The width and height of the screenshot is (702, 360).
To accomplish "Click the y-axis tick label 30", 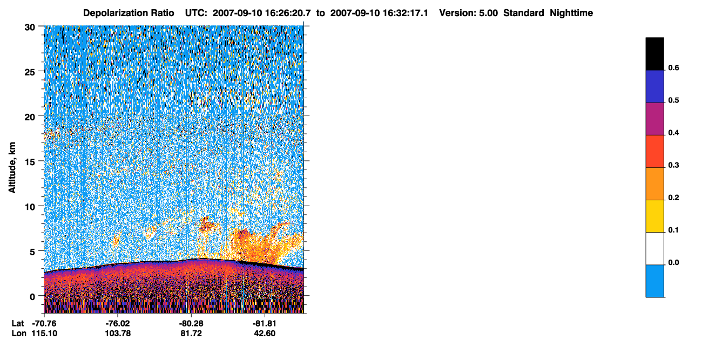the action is tap(30, 28).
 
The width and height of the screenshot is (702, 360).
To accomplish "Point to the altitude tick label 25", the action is tap(30, 72).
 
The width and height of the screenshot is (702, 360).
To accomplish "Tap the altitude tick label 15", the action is tap(30, 162).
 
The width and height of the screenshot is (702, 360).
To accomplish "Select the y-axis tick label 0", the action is tap(32, 297).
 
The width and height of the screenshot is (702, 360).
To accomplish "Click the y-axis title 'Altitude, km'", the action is tap(12, 167).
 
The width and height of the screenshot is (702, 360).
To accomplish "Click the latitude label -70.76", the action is tap(44, 323).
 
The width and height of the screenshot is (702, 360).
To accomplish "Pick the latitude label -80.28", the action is tap(191, 323).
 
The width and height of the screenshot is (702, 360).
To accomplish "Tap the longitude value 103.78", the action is tap(118, 333).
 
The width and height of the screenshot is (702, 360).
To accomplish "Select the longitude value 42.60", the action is tap(265, 333).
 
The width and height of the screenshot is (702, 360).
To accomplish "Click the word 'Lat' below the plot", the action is tap(18, 323).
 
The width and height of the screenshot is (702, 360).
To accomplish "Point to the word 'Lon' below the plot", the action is tap(19, 333).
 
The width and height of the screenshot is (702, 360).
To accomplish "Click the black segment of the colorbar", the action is tap(654, 54).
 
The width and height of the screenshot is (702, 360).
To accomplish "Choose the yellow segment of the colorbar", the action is tap(654, 216).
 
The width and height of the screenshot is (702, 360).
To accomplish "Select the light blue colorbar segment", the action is tap(654, 281).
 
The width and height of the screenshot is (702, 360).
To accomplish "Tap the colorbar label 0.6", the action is tap(673, 67).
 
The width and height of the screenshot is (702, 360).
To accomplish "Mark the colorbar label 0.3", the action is tap(673, 165).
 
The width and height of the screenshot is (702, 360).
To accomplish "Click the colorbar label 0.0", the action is tap(673, 262).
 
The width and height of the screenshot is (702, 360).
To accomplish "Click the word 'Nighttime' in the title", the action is tap(571, 13).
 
